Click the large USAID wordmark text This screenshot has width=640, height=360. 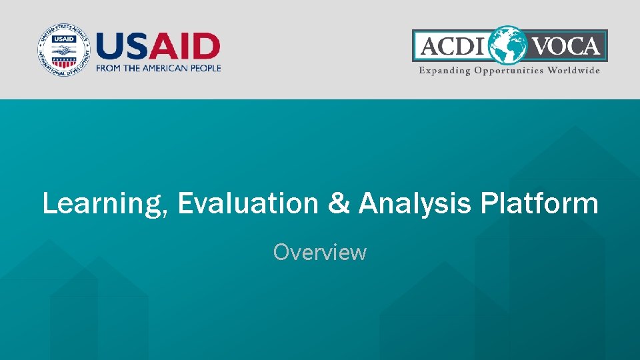coord(158,46)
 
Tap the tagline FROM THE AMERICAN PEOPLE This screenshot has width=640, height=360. coord(159,68)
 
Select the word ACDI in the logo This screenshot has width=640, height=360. coord(453,45)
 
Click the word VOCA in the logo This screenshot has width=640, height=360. coord(566,45)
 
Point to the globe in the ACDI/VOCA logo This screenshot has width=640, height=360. coord(508,45)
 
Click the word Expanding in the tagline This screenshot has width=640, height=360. coord(445,71)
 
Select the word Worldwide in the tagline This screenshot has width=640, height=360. coord(573,70)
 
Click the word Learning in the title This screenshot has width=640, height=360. coord(102,204)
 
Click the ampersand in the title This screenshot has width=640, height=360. coord(339,203)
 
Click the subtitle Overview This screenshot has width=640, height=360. coord(320,252)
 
